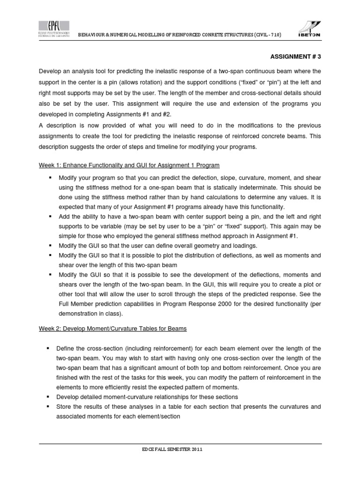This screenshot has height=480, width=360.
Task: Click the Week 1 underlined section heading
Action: point(129,165)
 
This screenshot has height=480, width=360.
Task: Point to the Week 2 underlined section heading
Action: point(112,329)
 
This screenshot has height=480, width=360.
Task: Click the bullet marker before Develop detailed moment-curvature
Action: point(48,397)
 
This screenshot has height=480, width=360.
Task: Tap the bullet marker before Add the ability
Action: point(48,217)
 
